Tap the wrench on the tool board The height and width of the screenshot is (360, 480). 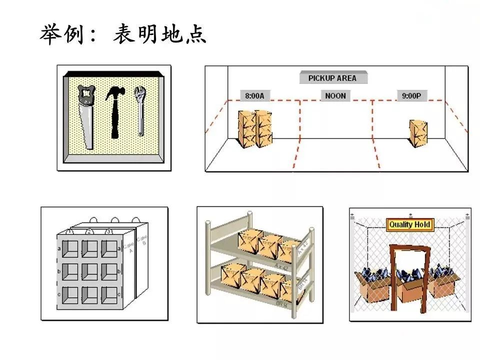tap(139, 110)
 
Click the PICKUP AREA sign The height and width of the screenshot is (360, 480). tap(332, 78)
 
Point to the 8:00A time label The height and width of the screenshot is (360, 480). tap(254, 95)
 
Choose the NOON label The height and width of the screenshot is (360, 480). tap(335, 95)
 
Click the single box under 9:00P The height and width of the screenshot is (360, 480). tap(417, 133)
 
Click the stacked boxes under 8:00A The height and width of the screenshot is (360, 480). tap(255, 128)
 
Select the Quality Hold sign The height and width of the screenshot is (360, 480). tap(409, 224)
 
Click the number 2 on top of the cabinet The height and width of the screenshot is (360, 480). tap(88, 231)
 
